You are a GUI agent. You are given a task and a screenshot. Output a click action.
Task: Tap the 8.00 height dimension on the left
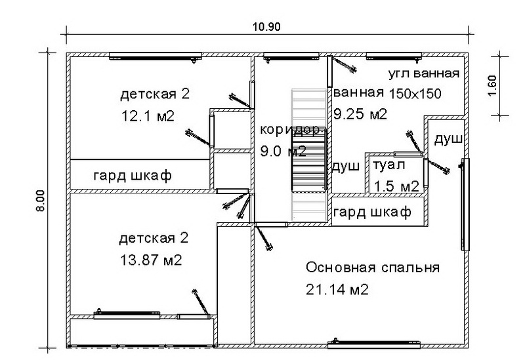click(x=40, y=200)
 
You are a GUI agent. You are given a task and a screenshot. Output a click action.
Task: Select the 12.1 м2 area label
click(x=148, y=116)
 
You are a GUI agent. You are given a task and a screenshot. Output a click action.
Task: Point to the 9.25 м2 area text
click(x=360, y=114)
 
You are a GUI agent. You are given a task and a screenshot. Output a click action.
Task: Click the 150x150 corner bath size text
click(x=415, y=92)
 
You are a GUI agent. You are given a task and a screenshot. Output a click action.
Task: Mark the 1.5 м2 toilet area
click(x=396, y=186)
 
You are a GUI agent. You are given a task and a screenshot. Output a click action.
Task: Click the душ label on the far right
click(x=449, y=140)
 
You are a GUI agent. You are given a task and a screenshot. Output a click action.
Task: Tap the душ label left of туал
click(x=346, y=166)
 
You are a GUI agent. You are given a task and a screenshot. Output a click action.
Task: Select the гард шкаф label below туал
click(x=372, y=213)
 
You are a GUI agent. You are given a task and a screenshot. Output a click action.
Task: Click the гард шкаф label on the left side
click(x=133, y=176)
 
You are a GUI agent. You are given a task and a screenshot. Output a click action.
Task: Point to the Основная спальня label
click(x=372, y=268)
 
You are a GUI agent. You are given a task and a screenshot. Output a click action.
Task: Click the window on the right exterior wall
click(x=465, y=205)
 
